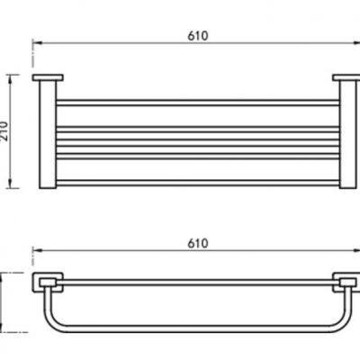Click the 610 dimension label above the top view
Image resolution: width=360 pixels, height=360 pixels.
tap(199, 35)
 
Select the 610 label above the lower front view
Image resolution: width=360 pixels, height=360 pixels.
tap(199, 243)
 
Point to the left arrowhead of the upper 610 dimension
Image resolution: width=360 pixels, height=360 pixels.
tap(37, 43)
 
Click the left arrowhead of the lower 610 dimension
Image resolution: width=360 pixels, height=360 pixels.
tap(37, 251)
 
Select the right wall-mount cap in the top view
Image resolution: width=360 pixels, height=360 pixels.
tap(346, 79)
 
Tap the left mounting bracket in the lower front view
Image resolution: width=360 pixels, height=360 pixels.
tap(44, 283)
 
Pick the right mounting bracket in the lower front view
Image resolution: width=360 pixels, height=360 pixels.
tap(346, 283)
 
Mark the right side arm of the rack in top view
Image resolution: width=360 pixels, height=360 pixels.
tap(346, 135)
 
